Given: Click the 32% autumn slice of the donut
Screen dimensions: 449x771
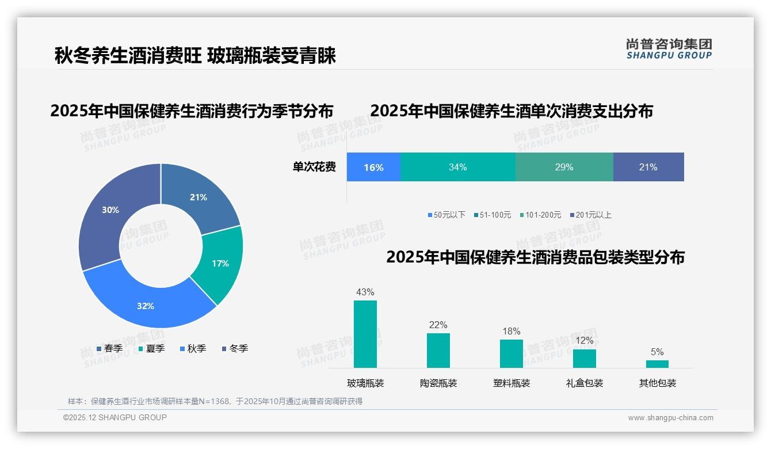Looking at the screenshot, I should [146, 306].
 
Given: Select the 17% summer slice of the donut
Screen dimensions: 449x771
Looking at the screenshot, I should [220, 263].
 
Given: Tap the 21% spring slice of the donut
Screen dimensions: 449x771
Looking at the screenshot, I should [199, 197].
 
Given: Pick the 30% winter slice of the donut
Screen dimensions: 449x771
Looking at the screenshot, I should [110, 210].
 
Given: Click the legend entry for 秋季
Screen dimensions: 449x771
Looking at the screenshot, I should [193, 349].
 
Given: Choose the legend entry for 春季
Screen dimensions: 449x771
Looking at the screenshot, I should [109, 349].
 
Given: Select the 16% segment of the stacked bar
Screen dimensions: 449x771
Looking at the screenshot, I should [373, 167].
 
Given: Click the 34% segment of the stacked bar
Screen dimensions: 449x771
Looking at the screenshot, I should [458, 167].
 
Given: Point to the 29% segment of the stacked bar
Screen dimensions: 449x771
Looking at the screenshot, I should [564, 167].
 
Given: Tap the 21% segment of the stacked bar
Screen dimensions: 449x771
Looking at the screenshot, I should [648, 167].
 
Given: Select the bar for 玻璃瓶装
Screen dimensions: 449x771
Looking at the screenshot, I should [365, 334].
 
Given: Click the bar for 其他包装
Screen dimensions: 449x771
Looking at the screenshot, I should [657, 364].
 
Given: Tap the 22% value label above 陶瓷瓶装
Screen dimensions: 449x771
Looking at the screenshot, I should [438, 325].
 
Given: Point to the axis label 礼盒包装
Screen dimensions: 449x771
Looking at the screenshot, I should [585, 383].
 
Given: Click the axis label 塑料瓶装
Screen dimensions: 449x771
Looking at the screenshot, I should [512, 383].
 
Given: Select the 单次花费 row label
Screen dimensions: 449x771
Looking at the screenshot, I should [314, 167].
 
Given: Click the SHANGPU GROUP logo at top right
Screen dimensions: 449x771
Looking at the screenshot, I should [669, 49].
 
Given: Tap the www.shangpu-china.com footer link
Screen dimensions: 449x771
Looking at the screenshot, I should [670, 418].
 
